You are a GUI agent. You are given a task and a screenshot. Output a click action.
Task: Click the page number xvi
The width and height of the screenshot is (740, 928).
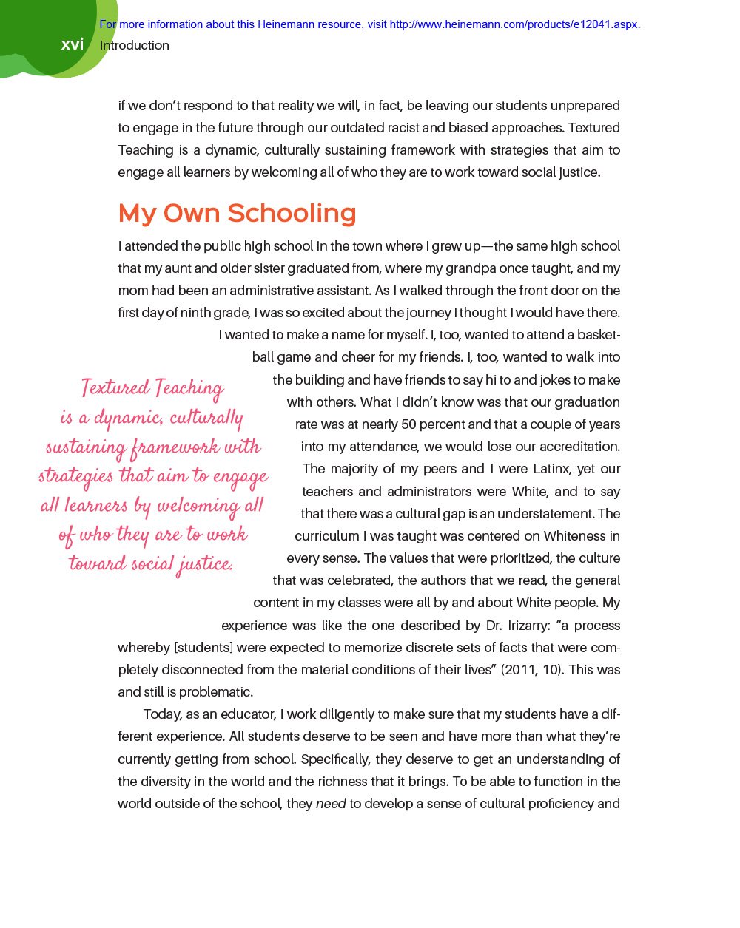coord(73,44)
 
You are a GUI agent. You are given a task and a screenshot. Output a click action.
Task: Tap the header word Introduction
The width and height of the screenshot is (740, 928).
coord(135,45)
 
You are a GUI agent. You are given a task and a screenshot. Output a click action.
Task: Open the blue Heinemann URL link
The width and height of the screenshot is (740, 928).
coord(514,24)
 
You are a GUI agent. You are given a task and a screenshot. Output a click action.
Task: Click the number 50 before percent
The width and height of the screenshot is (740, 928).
coord(408,424)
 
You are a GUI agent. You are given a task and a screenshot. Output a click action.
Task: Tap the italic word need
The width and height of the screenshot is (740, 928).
coord(331,804)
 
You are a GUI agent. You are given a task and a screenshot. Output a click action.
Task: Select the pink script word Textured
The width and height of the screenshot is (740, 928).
coord(115,388)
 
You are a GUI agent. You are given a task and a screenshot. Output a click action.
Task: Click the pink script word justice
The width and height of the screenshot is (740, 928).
coord(205,565)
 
